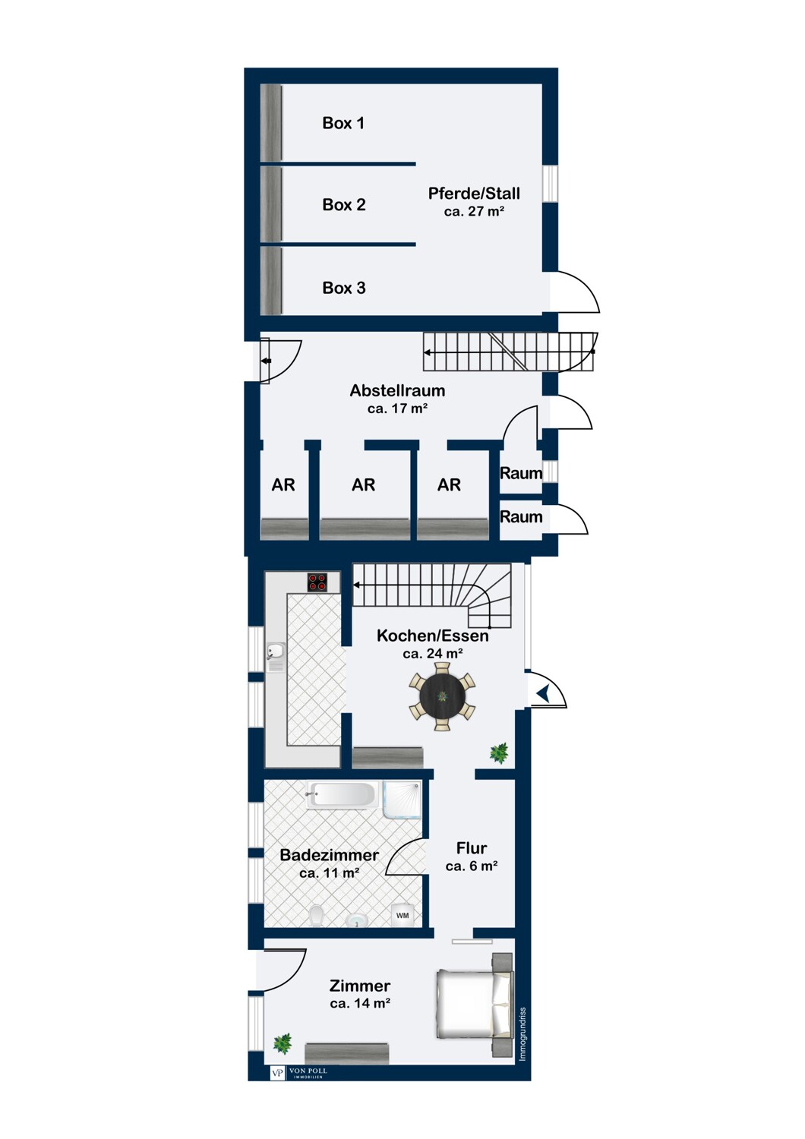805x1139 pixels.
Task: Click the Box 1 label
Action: click(343, 123)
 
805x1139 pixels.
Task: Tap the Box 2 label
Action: click(344, 205)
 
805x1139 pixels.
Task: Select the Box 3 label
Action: click(344, 288)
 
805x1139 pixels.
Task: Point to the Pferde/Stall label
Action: click(474, 193)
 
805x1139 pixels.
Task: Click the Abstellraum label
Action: click(397, 390)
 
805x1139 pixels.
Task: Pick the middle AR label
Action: click(363, 484)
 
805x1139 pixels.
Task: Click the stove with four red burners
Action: click(317, 582)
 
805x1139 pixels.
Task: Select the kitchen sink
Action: click(276, 657)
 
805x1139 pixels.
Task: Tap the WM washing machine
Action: click(402, 915)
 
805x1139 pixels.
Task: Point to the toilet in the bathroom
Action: click(316, 916)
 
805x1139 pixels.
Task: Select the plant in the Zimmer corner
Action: click(283, 1043)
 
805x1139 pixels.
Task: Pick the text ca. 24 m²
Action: click(433, 653)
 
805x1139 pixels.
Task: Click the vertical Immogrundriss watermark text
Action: click(522, 1034)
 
